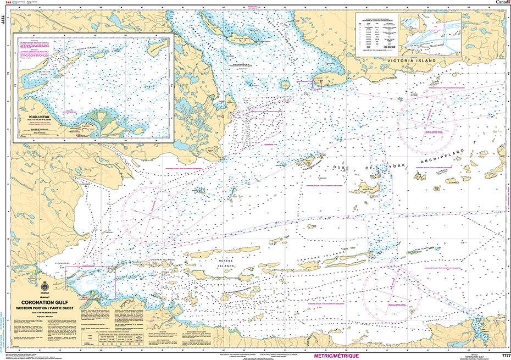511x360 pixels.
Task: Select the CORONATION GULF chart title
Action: tap(45, 302)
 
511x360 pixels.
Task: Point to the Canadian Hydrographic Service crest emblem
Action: tap(45, 285)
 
